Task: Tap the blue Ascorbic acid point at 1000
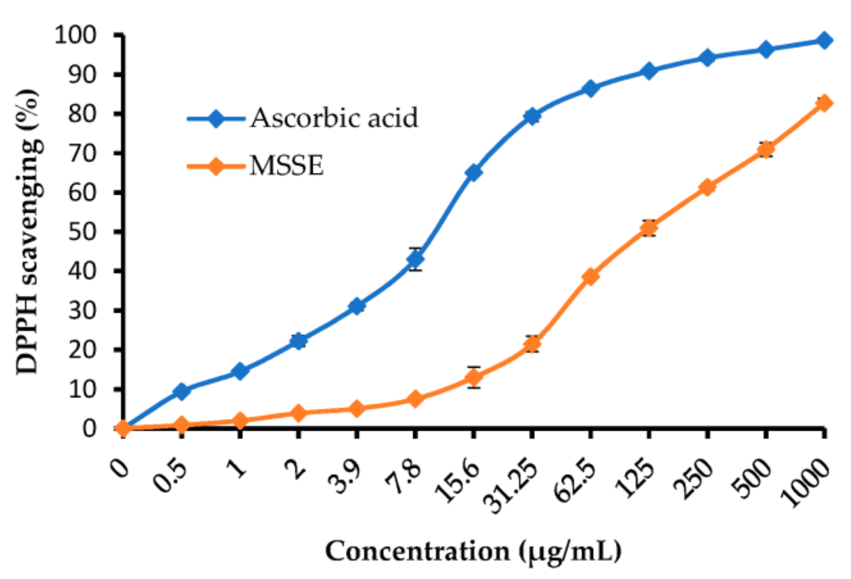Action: [824, 41]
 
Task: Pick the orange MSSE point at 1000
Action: [824, 103]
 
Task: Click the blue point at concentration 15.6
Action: [473, 172]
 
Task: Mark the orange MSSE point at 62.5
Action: [590, 276]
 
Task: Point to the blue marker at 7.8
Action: [415, 259]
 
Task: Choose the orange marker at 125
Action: [649, 228]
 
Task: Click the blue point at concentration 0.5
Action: [182, 391]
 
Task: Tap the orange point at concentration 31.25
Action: [532, 344]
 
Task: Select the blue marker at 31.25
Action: [532, 116]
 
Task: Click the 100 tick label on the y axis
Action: [75, 35]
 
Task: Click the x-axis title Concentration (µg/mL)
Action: [473, 551]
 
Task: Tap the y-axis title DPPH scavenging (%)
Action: [29, 232]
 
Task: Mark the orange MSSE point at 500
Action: [766, 150]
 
